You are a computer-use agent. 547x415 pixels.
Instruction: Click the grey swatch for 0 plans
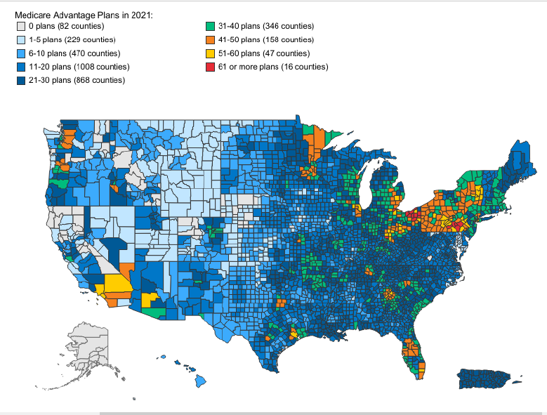[21, 27]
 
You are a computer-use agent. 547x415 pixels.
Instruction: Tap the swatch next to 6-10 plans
[21, 53]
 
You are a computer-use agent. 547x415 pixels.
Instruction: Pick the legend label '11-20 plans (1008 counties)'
[78, 67]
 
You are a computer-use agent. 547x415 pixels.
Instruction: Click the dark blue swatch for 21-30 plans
[21, 80]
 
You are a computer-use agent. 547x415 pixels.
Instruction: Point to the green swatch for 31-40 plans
[209, 27]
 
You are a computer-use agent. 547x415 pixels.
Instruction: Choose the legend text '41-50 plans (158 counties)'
[267, 40]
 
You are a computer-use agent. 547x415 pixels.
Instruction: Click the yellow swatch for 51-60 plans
[209, 53]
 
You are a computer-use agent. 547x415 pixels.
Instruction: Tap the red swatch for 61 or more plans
[209, 67]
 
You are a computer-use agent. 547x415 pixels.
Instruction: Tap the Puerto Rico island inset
[485, 379]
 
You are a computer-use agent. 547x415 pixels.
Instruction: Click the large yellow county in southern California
[114, 286]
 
